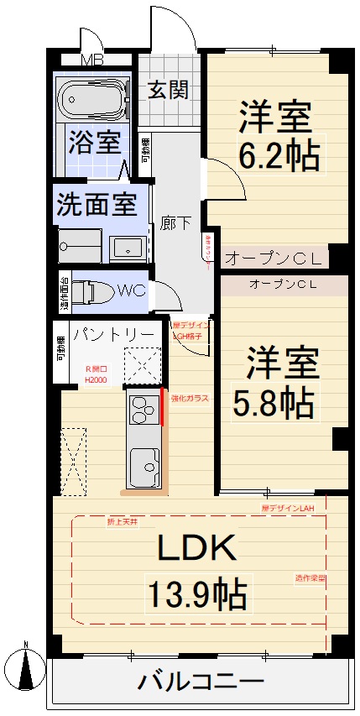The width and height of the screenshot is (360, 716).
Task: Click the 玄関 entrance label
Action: pyautogui.click(x=169, y=90)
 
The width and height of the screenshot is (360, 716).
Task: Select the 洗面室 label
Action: pyautogui.click(x=97, y=204)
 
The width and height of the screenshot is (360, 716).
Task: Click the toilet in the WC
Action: pyautogui.click(x=90, y=290)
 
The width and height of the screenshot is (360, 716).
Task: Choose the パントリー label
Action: pyautogui.click(x=112, y=334)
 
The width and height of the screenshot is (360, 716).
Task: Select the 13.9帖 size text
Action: pyautogui.click(x=197, y=594)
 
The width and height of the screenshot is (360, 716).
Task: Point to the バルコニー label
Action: pyautogui.click(x=201, y=680)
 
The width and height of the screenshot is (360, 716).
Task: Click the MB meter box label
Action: pyautogui.click(x=91, y=60)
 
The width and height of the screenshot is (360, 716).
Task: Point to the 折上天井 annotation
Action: pyautogui.click(x=123, y=521)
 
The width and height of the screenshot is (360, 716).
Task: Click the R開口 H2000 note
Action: pyautogui.click(x=94, y=374)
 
